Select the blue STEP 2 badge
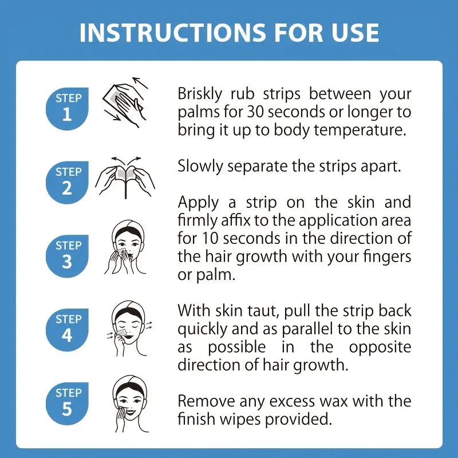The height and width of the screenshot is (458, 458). (68, 180)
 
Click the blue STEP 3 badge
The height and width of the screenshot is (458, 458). (68, 254)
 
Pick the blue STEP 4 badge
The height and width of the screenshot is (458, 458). (68, 327)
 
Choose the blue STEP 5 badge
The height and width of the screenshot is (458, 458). (68, 401)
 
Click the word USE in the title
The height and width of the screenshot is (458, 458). (354, 33)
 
